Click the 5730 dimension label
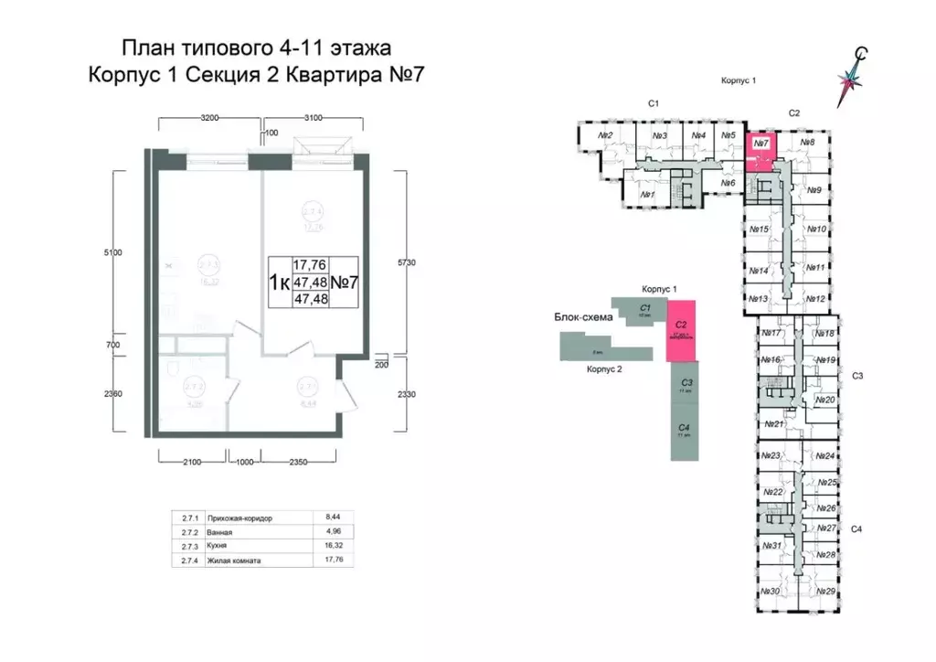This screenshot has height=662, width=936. pyautogui.click(x=407, y=262)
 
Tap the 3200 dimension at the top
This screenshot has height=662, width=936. pyautogui.click(x=210, y=118)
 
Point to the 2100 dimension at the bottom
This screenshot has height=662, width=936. pyautogui.click(x=190, y=463)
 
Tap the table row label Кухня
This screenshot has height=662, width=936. pyautogui.click(x=219, y=546)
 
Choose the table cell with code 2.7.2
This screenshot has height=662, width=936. pyautogui.click(x=188, y=532)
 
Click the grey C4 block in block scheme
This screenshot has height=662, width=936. pyautogui.click(x=682, y=430)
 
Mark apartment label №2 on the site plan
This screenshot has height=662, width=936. pyautogui.click(x=604, y=136)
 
